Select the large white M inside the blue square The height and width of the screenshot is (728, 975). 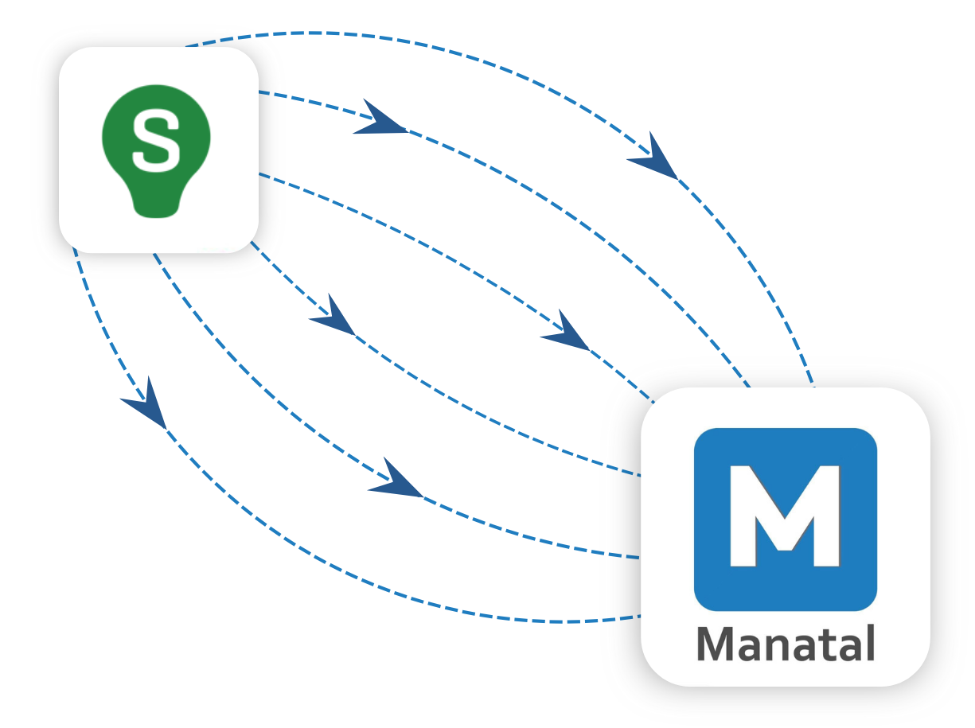pos(785,516)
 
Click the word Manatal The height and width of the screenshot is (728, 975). pos(786,644)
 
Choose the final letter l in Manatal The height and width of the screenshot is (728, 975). pos(870,643)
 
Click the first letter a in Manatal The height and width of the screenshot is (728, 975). pos(752,648)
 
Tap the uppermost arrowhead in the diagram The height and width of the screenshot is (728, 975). pos(380,119)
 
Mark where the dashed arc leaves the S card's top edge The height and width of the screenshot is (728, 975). pos(187,46)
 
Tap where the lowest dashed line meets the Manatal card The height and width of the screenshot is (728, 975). pos(642,615)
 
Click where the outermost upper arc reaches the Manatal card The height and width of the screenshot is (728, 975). pos(813,387)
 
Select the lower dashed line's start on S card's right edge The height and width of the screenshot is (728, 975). pos(259,173)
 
